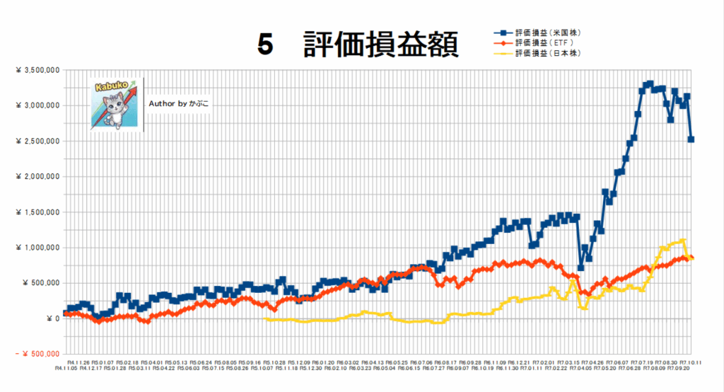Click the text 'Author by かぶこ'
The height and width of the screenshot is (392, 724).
pyautogui.click(x=180, y=103)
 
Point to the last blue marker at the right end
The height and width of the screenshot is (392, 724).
pyautogui.click(x=691, y=139)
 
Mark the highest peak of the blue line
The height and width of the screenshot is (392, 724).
pyautogui.click(x=650, y=83)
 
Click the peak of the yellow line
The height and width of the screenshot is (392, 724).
pyautogui.click(x=683, y=241)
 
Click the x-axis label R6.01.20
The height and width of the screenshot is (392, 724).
pyautogui.click(x=322, y=361)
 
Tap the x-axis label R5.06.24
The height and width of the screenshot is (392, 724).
pyautogui.click(x=199, y=361)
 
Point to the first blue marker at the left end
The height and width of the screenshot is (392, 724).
pyautogui.click(x=66, y=313)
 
